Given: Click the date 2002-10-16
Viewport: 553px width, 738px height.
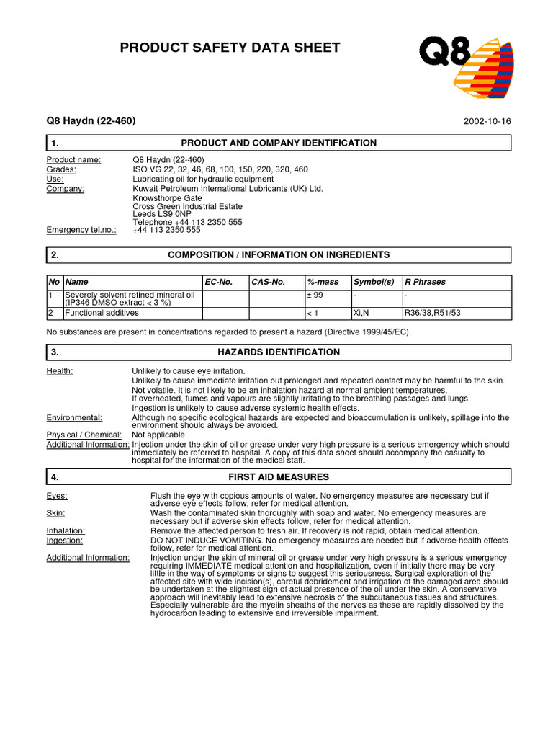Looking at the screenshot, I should [487, 121].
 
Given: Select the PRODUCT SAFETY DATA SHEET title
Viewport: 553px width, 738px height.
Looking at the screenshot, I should [230, 48].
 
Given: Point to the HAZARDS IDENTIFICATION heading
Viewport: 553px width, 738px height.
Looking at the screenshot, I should [278, 352].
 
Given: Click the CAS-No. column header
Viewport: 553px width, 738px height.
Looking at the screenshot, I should [269, 282].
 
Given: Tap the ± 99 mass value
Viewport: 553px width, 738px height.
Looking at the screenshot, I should [315, 295].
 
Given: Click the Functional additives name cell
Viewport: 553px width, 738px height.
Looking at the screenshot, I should [102, 314].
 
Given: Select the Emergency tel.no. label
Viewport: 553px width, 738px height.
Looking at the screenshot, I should [81, 230].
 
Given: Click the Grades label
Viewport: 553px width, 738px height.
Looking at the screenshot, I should [61, 169].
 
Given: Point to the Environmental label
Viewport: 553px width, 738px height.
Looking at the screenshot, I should [74, 418].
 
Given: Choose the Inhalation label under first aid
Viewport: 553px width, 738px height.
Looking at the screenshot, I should [66, 530].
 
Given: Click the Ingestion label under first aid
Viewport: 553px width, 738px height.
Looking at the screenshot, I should [64, 540].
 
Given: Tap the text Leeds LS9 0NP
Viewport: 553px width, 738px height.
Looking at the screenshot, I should [162, 214].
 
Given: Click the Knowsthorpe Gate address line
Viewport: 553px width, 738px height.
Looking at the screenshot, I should [168, 198].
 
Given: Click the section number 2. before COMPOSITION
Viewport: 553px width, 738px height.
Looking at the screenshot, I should [55, 255].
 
